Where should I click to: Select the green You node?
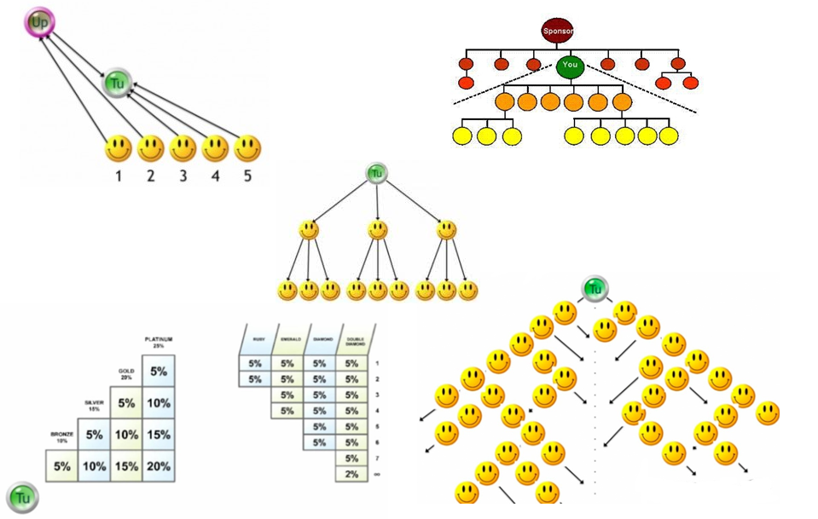pyautogui.click(x=570, y=66)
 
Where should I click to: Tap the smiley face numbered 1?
pyautogui.click(x=119, y=149)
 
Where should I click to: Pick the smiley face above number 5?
pyautogui.click(x=247, y=149)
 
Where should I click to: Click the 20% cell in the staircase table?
pyautogui.click(x=158, y=466)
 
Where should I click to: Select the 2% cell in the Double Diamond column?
pyautogui.click(x=351, y=474)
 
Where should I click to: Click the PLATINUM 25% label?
pyautogui.click(x=159, y=343)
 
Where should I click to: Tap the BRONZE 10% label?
pyautogui.click(x=61, y=438)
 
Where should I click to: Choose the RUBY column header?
pyautogui.click(x=254, y=338)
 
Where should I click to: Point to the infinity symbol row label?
pyautogui.click(x=376, y=474)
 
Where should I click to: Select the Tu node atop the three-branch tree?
pyautogui.click(x=377, y=173)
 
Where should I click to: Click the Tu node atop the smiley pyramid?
pyautogui.click(x=595, y=289)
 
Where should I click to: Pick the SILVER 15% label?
pyautogui.click(x=94, y=407)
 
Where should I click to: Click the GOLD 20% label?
pyautogui.click(x=126, y=375)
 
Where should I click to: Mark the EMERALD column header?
pyautogui.click(x=287, y=338)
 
